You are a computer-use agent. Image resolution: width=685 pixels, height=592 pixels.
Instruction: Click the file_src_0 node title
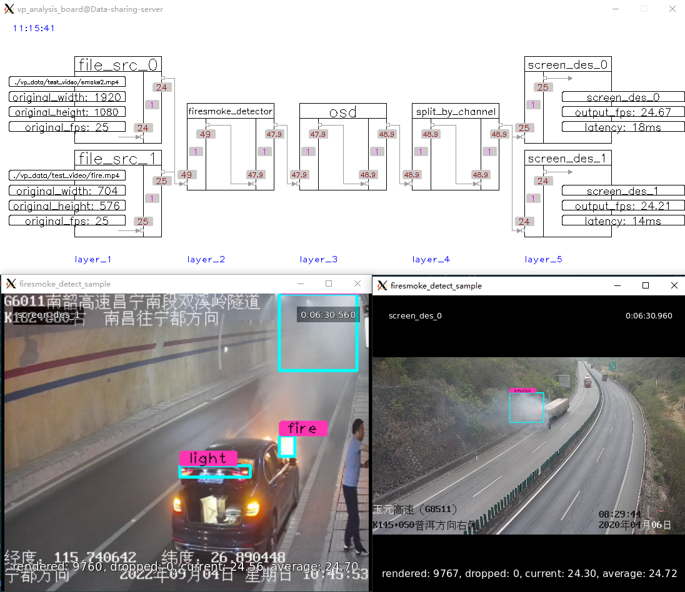coord(118,65)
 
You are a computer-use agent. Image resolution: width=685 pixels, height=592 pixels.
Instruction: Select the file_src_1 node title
coord(118,158)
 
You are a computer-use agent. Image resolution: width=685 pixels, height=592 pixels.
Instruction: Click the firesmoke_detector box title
coord(230,111)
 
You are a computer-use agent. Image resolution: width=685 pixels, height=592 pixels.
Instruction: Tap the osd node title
coord(342,111)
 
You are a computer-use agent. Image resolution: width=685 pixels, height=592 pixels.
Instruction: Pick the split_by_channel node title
coord(456,111)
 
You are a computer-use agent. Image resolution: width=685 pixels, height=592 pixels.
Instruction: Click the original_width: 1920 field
coord(67,97)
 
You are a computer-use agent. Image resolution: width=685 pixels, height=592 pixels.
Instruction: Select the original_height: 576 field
coord(67,205)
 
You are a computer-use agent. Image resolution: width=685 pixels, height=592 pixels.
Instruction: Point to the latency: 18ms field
coord(623,127)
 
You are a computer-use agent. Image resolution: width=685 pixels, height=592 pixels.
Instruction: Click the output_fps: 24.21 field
coord(623,206)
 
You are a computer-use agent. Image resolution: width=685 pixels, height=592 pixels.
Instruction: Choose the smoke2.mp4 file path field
coord(67,82)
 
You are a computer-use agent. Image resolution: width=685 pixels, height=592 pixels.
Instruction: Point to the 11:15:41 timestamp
coord(34,28)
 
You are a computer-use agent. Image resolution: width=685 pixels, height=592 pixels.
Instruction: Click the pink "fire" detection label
coord(302,428)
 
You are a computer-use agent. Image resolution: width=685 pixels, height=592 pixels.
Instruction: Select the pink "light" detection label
coord(208,458)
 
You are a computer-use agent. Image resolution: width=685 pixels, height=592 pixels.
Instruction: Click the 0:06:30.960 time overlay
coord(649,315)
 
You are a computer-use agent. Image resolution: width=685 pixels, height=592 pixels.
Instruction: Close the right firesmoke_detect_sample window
coord(674,285)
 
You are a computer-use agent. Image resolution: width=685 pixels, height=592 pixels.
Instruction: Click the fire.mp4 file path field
coord(67,175)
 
